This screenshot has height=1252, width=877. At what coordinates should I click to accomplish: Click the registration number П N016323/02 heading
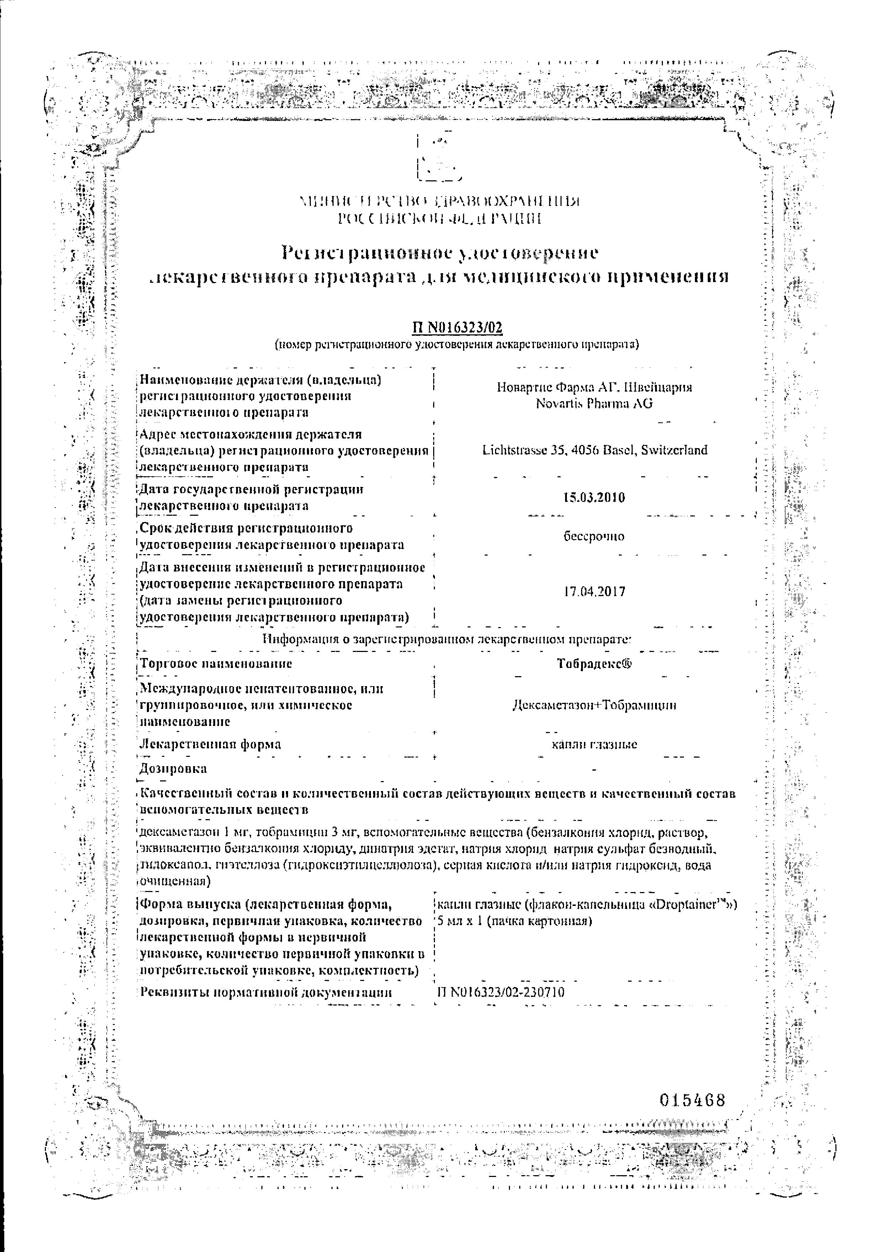click(456, 327)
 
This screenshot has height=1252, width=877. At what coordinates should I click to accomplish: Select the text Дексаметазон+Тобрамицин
click(594, 705)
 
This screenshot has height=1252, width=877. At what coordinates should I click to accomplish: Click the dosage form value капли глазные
click(594, 744)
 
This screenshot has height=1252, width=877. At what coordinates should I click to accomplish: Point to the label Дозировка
click(173, 769)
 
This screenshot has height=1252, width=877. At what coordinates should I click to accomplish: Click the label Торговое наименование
click(216, 664)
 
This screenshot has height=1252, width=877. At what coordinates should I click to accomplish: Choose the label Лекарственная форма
click(211, 744)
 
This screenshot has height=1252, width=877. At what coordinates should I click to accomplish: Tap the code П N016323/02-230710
click(500, 992)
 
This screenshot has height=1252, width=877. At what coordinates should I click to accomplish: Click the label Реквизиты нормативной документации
click(266, 992)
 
